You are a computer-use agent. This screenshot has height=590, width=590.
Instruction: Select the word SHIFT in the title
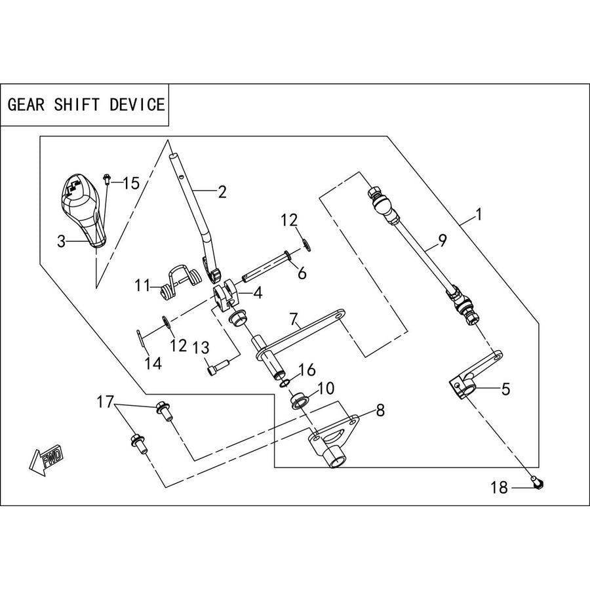[77, 105]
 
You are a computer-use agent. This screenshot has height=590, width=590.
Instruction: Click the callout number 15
[131, 184]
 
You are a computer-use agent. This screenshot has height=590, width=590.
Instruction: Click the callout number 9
[442, 240]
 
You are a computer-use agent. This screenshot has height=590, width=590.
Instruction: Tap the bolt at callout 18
[537, 482]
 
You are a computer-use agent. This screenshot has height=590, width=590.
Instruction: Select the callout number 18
[499, 488]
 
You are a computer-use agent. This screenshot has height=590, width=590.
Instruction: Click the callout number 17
[105, 402]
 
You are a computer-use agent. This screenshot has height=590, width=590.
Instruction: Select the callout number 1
[479, 215]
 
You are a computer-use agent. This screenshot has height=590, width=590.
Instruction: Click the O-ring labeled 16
[285, 383]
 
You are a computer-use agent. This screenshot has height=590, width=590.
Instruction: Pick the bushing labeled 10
[300, 401]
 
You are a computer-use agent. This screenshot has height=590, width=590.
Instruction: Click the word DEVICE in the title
[138, 105]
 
